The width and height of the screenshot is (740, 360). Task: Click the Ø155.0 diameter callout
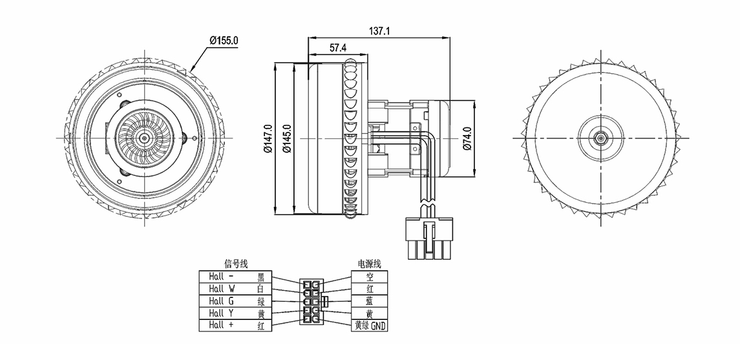pyautogui.click(x=224, y=40)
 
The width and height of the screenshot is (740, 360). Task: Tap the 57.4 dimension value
pyautogui.click(x=339, y=48)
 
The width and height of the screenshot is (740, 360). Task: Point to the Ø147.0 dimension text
pyautogui.click(x=268, y=139)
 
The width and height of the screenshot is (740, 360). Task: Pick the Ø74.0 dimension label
pyautogui.click(x=467, y=138)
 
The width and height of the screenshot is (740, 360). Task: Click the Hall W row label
pyautogui.click(x=221, y=289)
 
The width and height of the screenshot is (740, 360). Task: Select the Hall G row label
pyautogui.click(x=221, y=301)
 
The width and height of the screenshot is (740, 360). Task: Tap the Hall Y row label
pyautogui.click(x=221, y=313)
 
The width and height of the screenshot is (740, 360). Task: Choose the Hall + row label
pyautogui.click(x=221, y=326)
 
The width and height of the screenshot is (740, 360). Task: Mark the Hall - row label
pyautogui.click(x=221, y=277)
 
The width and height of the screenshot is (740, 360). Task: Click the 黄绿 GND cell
pyautogui.click(x=370, y=326)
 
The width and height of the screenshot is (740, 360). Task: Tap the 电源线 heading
pyautogui.click(x=369, y=264)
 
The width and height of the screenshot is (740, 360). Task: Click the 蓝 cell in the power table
pyautogui.click(x=370, y=301)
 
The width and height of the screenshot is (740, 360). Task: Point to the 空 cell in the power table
pyautogui.click(x=370, y=277)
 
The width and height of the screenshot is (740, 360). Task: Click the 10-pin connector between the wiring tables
pyautogui.click(x=312, y=301)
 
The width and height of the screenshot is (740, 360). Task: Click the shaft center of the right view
pyautogui.click(x=600, y=138)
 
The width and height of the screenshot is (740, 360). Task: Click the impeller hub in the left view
pyautogui.click(x=143, y=137)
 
